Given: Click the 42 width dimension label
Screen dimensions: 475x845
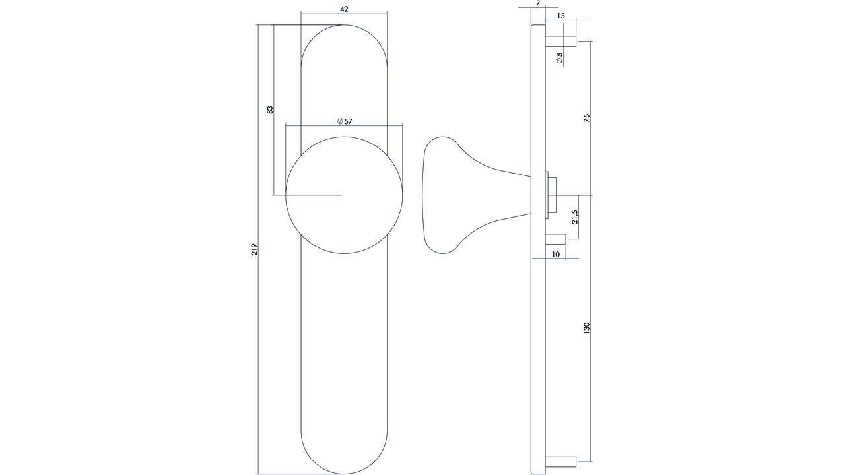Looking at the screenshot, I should tap(343, 9).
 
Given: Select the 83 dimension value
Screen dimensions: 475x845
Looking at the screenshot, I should tap(269, 110).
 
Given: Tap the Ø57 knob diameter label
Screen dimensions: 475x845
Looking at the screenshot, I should tap(344, 121).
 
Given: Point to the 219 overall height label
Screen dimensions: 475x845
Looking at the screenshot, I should tap(254, 249).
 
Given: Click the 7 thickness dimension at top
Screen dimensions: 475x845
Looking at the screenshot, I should tap(538, 4).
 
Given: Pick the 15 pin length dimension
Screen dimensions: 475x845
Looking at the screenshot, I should tap(560, 15).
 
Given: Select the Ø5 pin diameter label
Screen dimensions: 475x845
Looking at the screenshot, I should tap(560, 58).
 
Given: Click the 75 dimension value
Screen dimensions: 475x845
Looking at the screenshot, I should tap(586, 118).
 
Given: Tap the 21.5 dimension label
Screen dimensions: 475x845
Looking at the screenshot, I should tap(574, 216).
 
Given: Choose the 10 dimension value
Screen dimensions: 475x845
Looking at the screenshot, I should tap(555, 254).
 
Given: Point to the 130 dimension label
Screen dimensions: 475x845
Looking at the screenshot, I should tap(586, 328).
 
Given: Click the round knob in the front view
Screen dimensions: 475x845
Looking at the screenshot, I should tap(344, 195).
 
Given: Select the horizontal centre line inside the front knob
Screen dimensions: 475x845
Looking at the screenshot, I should tap(314, 195).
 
